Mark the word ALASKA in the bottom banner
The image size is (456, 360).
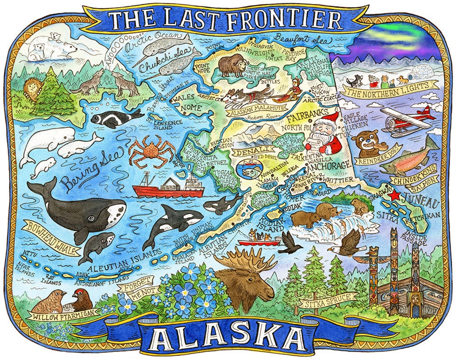(x=228, y=336)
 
